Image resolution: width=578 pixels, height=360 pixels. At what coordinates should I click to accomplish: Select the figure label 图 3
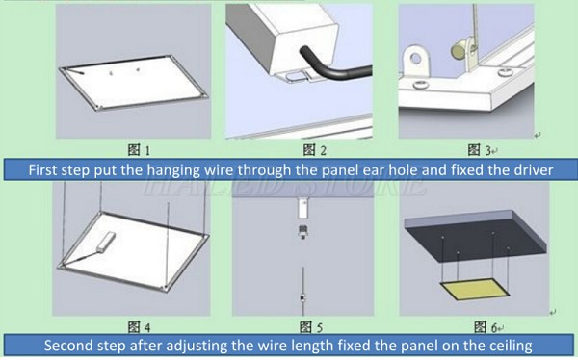(x=474, y=149)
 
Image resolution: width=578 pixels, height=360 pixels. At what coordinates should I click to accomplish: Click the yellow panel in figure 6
(x=471, y=292)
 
